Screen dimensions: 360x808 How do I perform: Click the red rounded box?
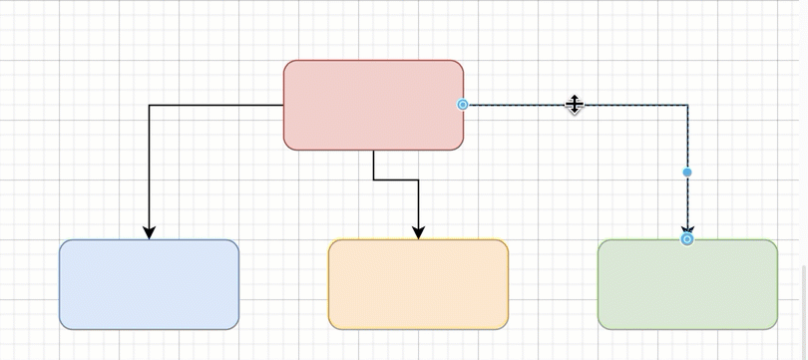pyautogui.click(x=373, y=105)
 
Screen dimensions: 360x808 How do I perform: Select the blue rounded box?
pyautogui.click(x=149, y=284)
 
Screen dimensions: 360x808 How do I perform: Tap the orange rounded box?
pyautogui.click(x=418, y=284)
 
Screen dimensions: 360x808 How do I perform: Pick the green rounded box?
pyautogui.click(x=687, y=284)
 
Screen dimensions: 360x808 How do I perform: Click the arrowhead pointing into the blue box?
pyautogui.click(x=149, y=232)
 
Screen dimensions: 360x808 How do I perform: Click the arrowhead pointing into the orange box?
pyautogui.click(x=418, y=232)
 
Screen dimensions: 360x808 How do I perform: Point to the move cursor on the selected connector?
pyautogui.click(x=575, y=104)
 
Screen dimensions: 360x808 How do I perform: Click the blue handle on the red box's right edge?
pyautogui.click(x=463, y=105)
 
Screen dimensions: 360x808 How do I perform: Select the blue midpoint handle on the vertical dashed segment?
pyautogui.click(x=687, y=173)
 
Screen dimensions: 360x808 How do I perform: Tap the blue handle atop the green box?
pyautogui.click(x=687, y=239)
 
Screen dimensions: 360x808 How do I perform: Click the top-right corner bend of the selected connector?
pyautogui.click(x=687, y=105)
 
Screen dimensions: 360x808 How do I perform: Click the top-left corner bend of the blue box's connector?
pyautogui.click(x=150, y=105)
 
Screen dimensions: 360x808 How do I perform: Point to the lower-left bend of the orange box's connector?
pyautogui.click(x=374, y=180)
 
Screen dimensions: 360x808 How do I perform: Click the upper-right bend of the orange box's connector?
pyautogui.click(x=418, y=180)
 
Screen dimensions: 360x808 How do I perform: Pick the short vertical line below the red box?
pyautogui.click(x=374, y=166)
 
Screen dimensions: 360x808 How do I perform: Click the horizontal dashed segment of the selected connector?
pyautogui.click(x=519, y=105)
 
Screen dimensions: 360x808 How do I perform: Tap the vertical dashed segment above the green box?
pyautogui.click(x=687, y=140)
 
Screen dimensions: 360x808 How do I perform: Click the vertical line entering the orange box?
pyautogui.click(x=418, y=204)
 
